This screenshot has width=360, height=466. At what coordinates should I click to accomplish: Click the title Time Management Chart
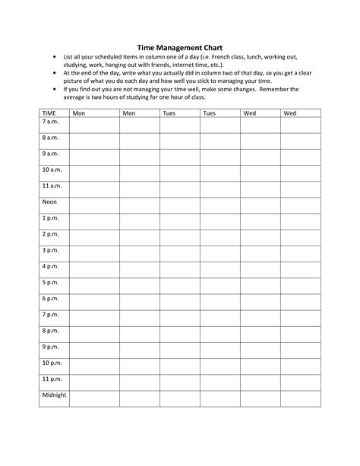[179, 46]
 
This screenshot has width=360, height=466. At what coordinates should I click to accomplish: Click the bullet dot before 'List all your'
[55, 56]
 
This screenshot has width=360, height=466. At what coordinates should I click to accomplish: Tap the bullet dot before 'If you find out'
[55, 88]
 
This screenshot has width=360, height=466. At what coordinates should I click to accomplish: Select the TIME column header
[49, 113]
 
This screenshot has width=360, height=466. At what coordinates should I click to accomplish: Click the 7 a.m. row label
[51, 122]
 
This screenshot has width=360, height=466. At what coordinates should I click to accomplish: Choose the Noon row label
[49, 201]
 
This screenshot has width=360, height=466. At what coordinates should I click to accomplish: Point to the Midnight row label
[54, 395]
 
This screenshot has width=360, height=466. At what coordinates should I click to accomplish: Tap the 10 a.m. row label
[52, 170]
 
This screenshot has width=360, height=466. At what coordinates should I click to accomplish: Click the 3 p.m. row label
[51, 250]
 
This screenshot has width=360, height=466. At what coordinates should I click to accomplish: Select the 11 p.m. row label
[52, 378]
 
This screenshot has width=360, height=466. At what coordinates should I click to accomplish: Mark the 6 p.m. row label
[51, 298]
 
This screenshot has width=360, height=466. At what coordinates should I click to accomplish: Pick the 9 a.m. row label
[51, 154]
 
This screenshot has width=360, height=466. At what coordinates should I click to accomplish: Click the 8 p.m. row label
[51, 330]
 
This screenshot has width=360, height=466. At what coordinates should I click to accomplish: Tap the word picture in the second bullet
[75, 80]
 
